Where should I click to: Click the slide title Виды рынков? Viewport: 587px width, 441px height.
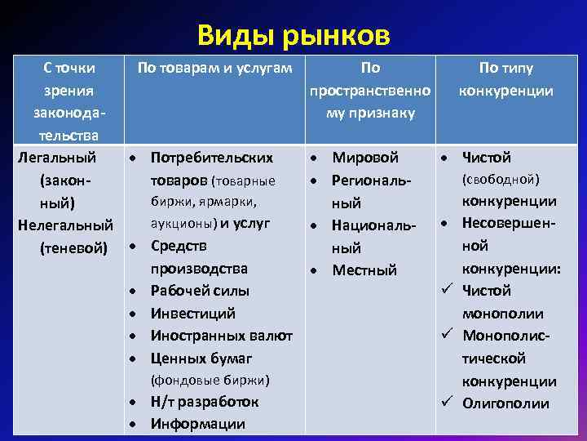293,36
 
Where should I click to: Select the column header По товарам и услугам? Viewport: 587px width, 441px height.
214,69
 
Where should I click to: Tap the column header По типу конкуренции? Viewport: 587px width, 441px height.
505,79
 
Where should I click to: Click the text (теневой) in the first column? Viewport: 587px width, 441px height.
73,247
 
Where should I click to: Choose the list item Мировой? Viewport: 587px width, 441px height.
365,158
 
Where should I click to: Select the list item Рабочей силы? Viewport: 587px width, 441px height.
200,291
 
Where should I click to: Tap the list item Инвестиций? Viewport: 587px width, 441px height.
193,313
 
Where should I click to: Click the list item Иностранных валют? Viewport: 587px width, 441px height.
221,335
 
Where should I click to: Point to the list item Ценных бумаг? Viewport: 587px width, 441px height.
201,358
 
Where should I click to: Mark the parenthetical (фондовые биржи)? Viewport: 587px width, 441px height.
210,380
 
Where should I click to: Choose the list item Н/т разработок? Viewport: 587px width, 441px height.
205,402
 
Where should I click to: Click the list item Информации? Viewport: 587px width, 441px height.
198,424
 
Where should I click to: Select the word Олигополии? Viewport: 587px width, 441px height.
505,403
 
